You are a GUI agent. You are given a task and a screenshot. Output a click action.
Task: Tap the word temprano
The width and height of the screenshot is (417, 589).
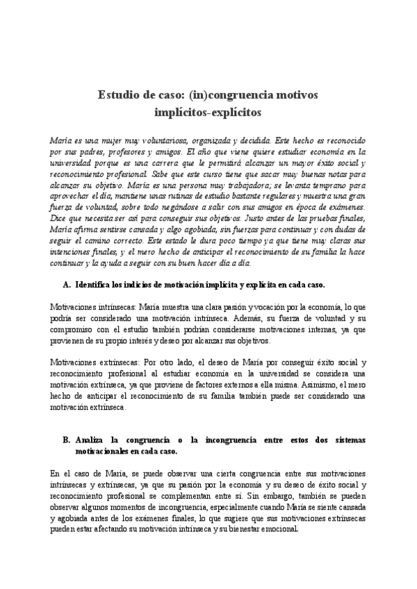(x=329, y=188)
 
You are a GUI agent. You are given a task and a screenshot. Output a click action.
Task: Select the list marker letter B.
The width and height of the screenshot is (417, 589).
(x=66, y=440)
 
